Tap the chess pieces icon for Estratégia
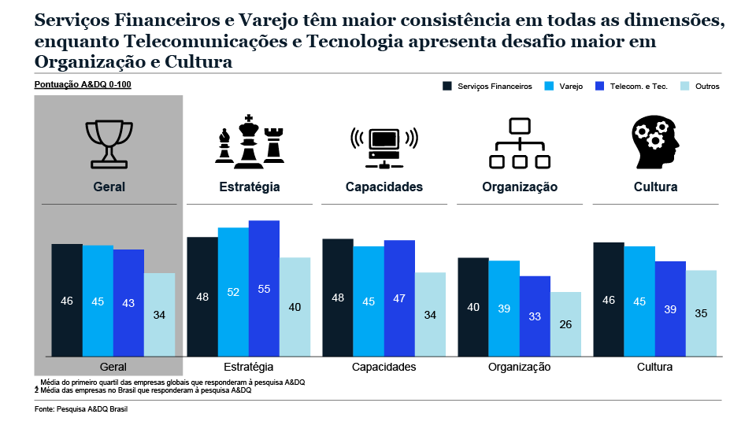click(x=249, y=142)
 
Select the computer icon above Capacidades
click(x=384, y=143)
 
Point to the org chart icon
click(x=519, y=143)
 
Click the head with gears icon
click(x=654, y=142)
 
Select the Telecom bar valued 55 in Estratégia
click(x=264, y=288)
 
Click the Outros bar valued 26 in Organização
click(x=565, y=324)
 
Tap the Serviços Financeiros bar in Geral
click(x=67, y=300)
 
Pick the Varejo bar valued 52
click(x=233, y=292)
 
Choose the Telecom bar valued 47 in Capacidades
click(x=399, y=298)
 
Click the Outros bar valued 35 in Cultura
click(x=701, y=313)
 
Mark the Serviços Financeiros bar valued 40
click(x=473, y=307)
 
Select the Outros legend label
click(x=707, y=87)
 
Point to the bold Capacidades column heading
click(x=384, y=187)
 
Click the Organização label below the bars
click(x=519, y=368)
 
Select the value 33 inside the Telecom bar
click(x=535, y=317)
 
